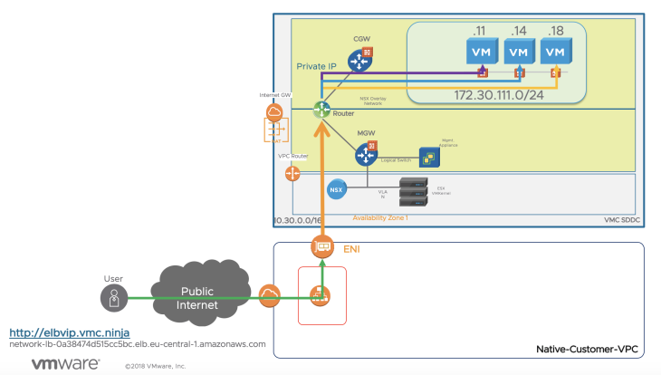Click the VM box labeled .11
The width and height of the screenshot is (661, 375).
(x=481, y=51)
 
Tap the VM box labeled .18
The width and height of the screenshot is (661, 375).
(x=556, y=51)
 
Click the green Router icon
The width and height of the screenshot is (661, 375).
(x=321, y=110)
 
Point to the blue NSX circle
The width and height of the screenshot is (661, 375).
(x=337, y=188)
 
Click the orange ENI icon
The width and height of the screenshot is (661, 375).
(x=321, y=245)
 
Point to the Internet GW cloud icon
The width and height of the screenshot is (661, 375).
(x=273, y=112)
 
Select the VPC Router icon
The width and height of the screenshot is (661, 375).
(x=293, y=172)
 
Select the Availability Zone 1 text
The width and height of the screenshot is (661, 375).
(x=379, y=219)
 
